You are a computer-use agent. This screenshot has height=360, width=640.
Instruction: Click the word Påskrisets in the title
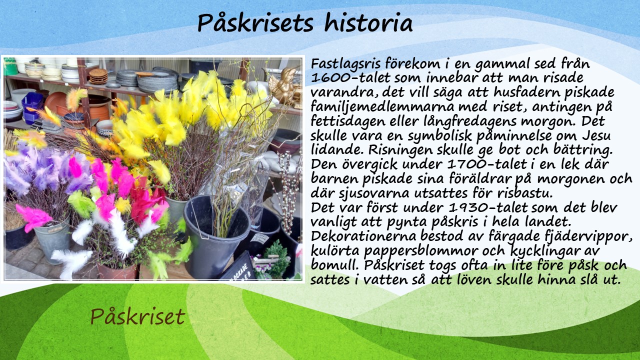(255, 23)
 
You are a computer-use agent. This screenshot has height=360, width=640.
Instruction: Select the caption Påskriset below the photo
(137, 317)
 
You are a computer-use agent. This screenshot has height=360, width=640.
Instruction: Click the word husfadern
(529, 92)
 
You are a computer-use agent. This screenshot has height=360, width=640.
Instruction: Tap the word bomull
(334, 265)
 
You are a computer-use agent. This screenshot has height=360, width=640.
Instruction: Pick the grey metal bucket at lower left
(53, 239)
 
